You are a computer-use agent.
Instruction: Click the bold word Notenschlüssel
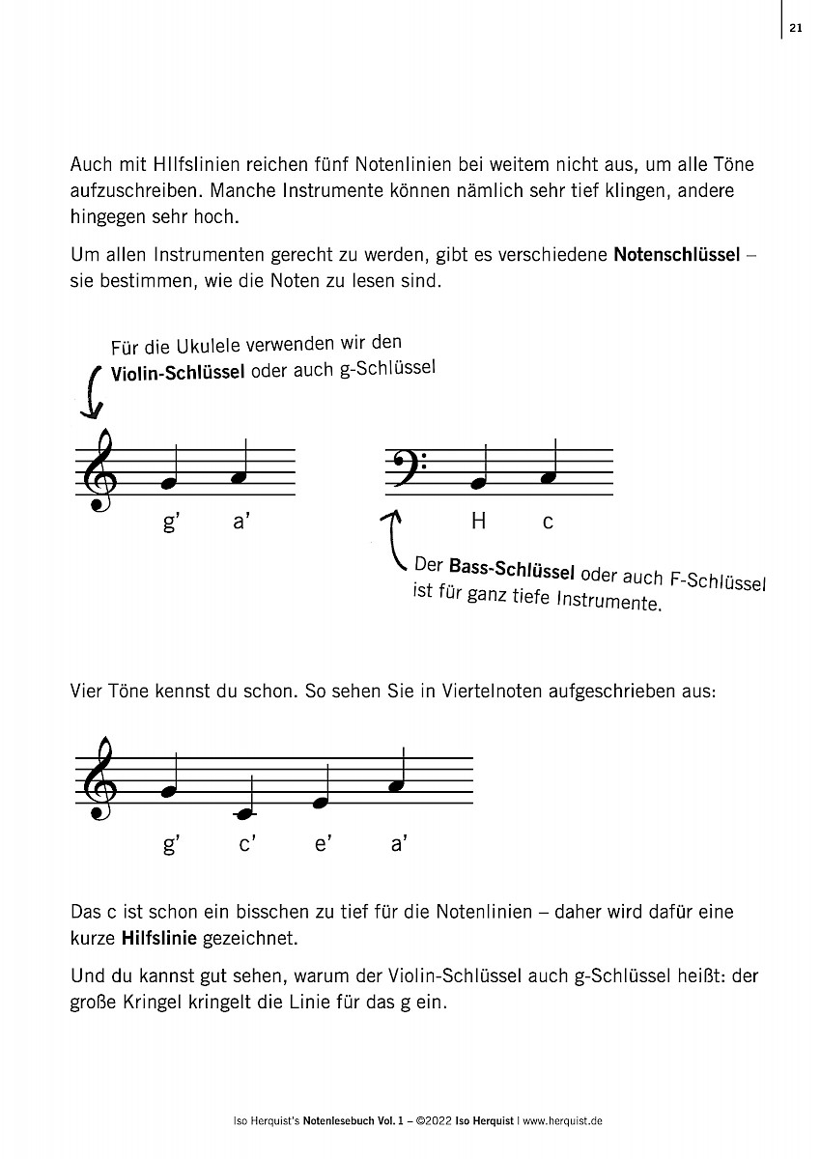click(677, 257)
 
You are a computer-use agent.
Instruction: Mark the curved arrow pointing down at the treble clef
click(92, 391)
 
